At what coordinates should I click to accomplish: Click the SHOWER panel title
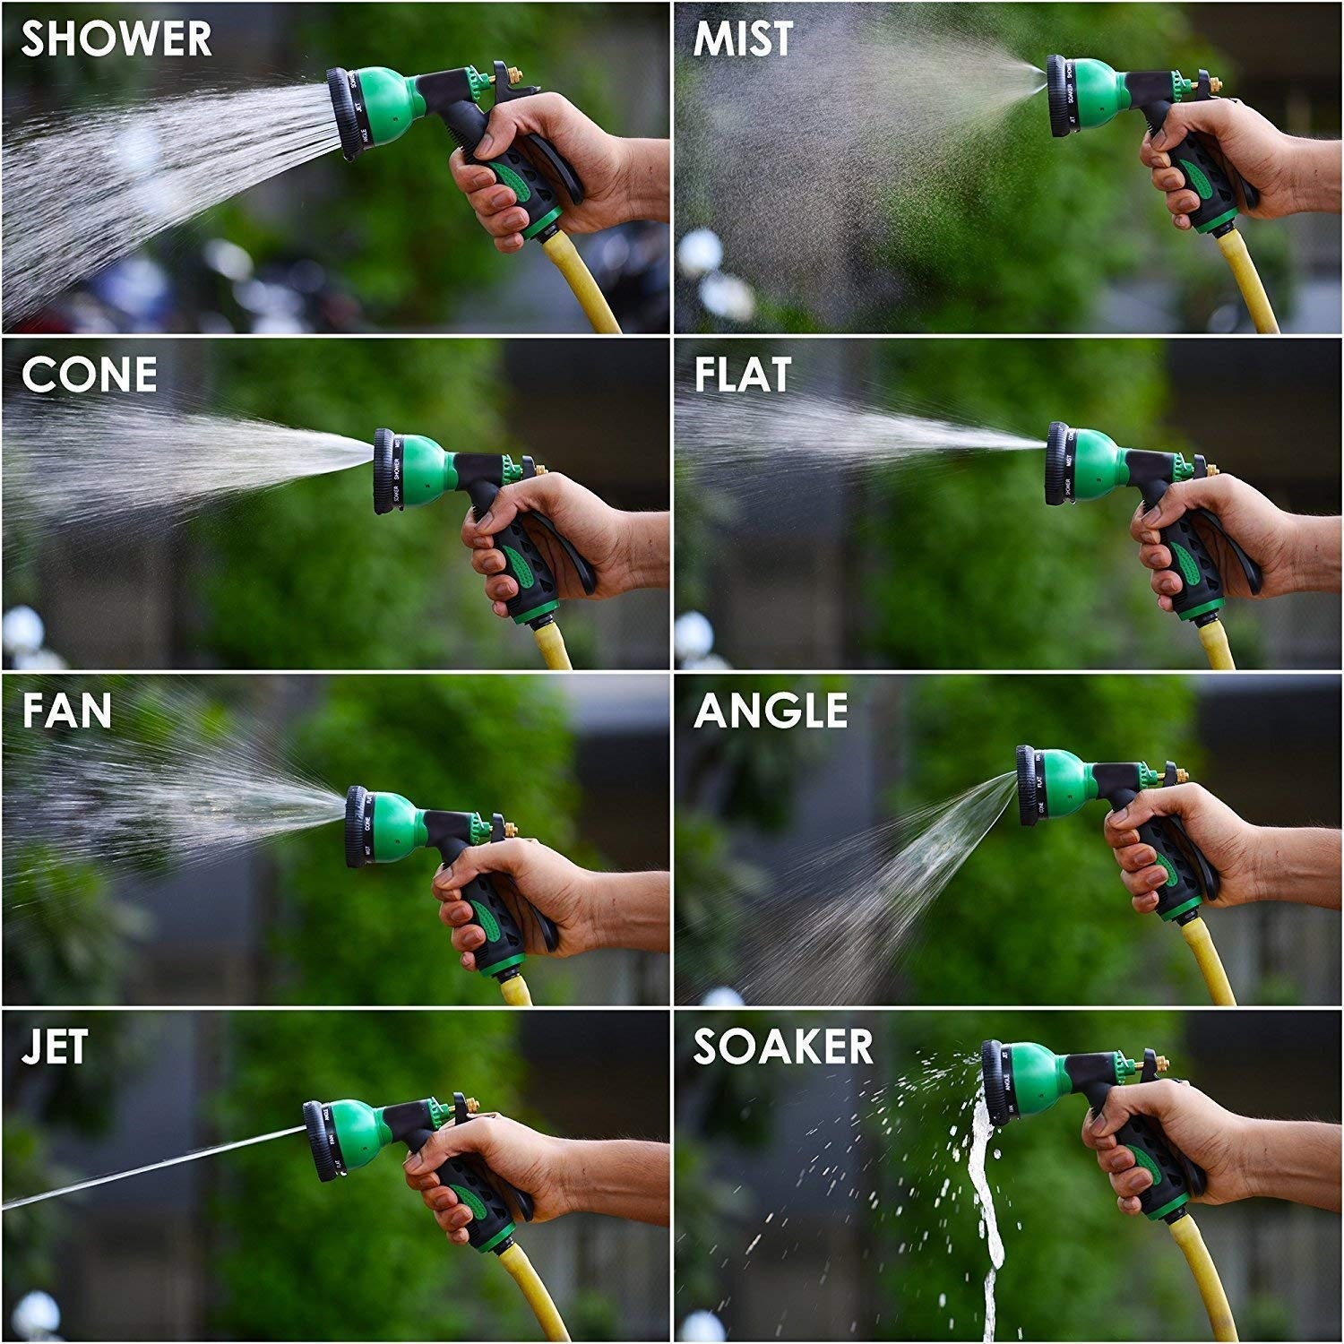116,39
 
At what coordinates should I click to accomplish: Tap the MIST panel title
743,39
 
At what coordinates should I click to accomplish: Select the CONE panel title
89,375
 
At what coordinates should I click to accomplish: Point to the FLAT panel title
743,375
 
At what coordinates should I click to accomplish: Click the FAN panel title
67,711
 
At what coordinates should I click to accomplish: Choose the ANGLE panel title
771,711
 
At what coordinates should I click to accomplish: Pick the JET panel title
55,1047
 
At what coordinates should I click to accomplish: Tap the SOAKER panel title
783,1047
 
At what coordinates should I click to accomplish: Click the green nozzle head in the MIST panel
1098,95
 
